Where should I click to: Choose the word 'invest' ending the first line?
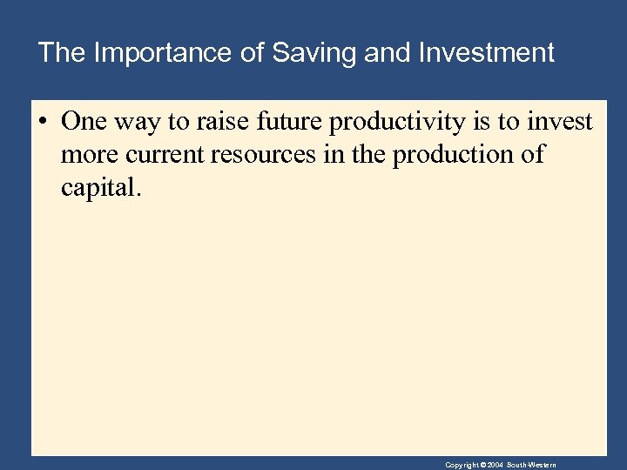(x=559, y=122)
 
